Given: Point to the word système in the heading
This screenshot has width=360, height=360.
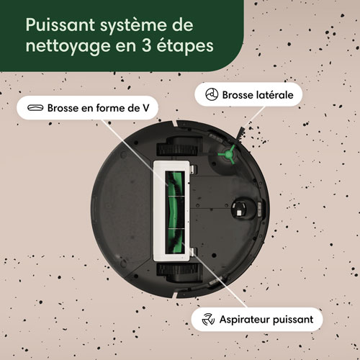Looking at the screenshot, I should (x=145, y=25).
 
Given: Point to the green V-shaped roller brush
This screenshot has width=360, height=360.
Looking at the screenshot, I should (x=174, y=209).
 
